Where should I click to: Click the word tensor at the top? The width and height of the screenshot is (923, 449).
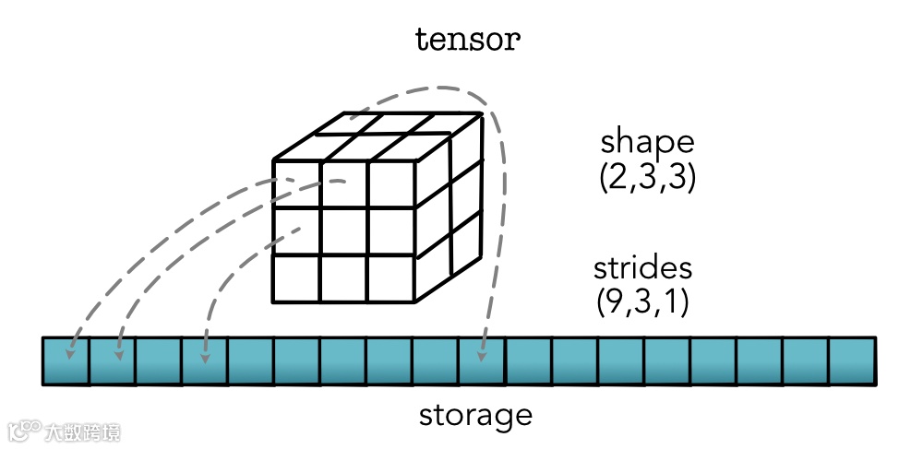coord(468,40)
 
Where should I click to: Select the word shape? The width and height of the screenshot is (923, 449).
coord(646,143)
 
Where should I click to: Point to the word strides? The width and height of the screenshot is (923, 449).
coord(642,269)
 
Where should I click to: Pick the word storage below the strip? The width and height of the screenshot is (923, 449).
coord(475,415)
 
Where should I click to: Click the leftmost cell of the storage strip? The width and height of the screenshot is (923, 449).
coord(66,360)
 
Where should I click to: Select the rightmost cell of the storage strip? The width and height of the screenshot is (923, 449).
coord(851,360)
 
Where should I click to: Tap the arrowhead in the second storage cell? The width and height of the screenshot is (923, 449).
coord(118,353)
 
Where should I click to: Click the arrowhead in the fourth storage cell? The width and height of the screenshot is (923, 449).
coord(205,353)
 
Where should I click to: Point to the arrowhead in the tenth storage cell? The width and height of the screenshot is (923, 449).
coord(481,353)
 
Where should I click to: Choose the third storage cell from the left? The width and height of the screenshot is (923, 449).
coord(158,360)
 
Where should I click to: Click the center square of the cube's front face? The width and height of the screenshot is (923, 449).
coord(343,230)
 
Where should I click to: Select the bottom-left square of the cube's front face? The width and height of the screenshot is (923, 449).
coord(296,278)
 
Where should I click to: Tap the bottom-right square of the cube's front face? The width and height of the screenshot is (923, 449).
coord(390,278)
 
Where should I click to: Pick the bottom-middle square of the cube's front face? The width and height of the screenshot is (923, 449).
coord(343,278)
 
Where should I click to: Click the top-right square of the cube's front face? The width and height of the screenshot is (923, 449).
coord(390,183)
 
